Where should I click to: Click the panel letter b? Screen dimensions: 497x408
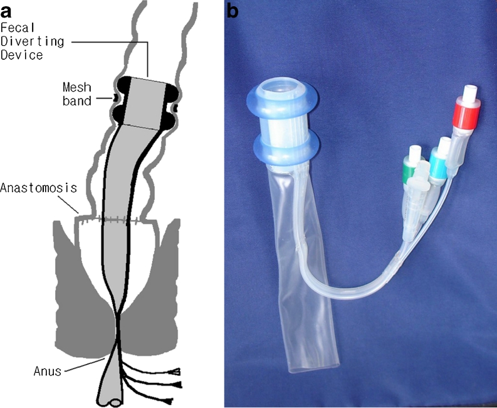click(x=233, y=10)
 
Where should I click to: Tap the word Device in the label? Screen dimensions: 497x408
click(x=21, y=55)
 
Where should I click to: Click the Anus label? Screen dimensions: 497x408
click(x=48, y=370)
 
